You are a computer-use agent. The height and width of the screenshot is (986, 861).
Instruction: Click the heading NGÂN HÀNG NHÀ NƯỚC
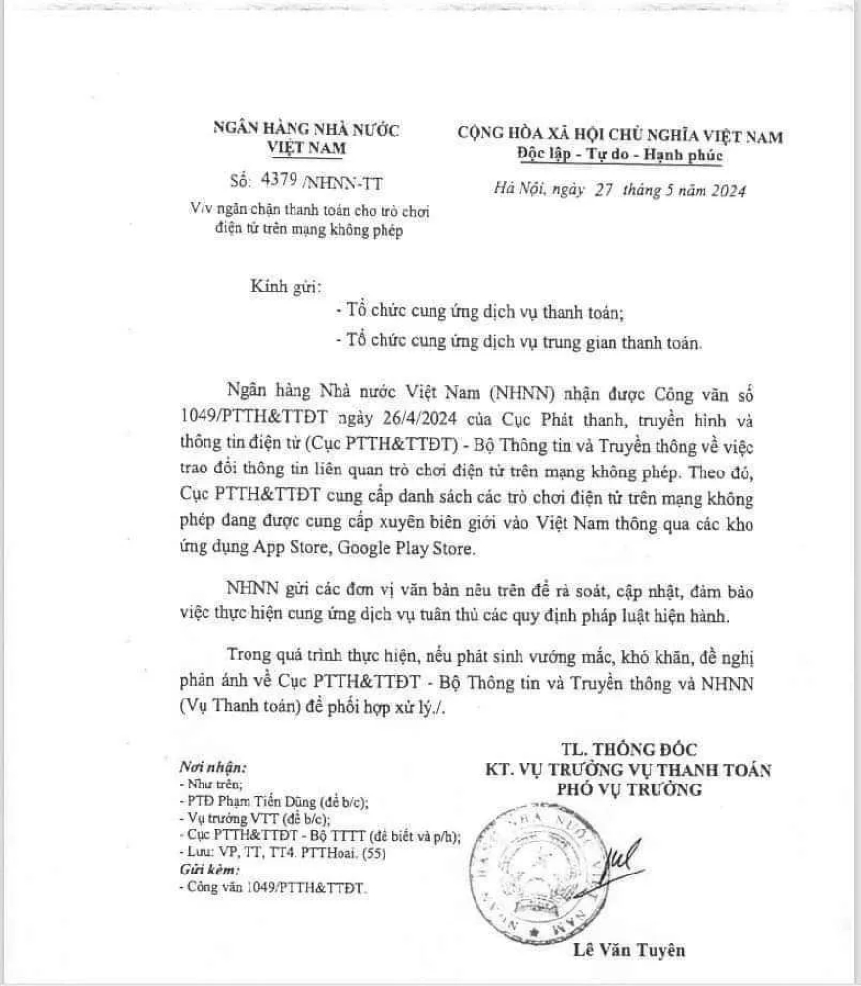pos(307,129)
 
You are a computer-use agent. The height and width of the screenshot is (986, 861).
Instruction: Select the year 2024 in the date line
pos(724,192)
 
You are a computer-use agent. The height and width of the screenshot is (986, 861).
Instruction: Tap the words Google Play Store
pos(421,549)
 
